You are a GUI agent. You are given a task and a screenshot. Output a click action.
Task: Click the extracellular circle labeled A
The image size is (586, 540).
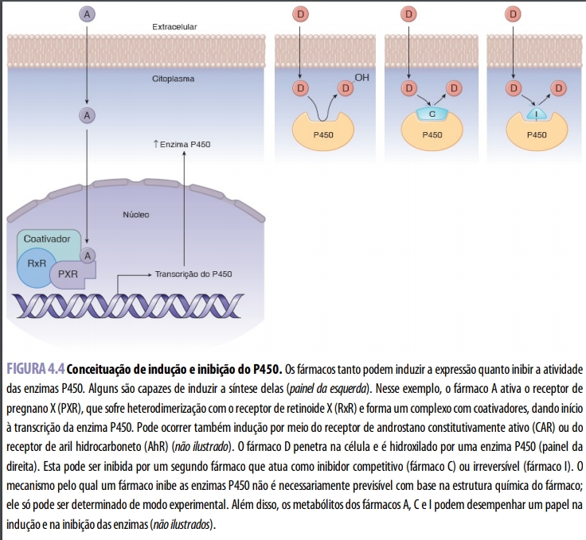click(86, 14)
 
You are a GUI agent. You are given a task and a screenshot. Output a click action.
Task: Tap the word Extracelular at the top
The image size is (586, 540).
click(174, 27)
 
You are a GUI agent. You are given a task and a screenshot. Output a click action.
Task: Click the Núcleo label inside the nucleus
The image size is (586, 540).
click(136, 215)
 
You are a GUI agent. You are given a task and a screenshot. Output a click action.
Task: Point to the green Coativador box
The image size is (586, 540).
click(47, 239)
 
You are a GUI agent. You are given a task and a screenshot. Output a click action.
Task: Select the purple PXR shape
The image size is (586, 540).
click(68, 274)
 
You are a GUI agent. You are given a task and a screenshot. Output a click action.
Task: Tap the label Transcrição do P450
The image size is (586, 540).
click(193, 274)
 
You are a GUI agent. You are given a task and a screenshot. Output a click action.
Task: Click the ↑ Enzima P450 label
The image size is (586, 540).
click(181, 146)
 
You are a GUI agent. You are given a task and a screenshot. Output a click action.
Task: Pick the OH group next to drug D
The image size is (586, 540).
click(362, 77)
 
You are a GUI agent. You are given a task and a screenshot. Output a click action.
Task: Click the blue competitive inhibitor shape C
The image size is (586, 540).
click(432, 114)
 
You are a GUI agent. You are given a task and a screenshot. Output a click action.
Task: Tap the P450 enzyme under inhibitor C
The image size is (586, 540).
click(432, 134)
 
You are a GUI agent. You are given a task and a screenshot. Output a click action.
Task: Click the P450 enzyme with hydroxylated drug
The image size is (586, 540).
click(323, 134)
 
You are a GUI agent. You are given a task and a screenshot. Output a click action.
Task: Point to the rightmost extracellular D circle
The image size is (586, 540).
click(514, 14)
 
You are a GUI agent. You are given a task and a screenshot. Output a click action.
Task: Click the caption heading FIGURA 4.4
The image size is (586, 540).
click(35, 369)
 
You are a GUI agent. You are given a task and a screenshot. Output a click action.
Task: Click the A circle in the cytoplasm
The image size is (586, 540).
click(86, 115)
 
